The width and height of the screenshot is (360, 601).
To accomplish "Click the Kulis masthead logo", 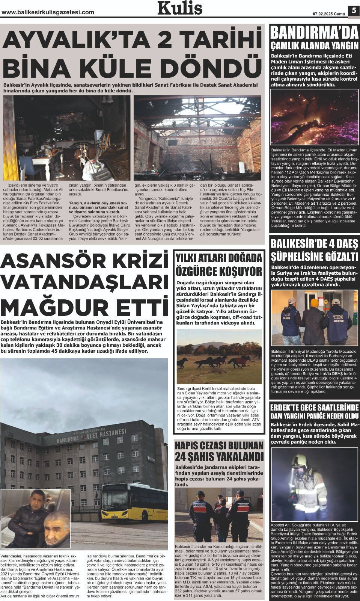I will click(180, 8).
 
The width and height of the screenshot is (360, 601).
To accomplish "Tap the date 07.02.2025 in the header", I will click(323, 14).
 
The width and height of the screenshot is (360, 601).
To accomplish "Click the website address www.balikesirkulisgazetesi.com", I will click(48, 12).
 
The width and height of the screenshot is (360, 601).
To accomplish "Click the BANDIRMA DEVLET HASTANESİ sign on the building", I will click(91, 436).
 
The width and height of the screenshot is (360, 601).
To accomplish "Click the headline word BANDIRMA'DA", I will click(314, 33).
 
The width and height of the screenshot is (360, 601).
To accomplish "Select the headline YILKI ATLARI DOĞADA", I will click(219, 258).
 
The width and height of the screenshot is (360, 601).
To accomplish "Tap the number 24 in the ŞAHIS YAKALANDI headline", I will click(184, 456).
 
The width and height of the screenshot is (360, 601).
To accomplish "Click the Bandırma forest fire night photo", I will click(314, 116).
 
